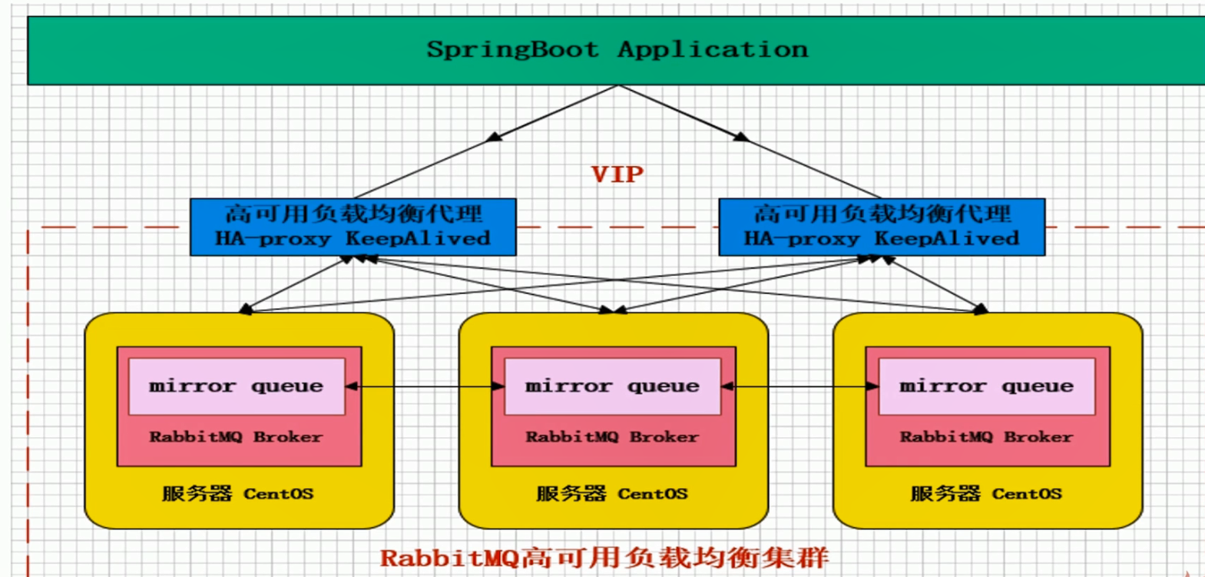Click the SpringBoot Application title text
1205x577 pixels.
tap(617, 49)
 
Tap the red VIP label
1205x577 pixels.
tap(617, 174)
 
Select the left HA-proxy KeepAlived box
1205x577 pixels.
tap(353, 227)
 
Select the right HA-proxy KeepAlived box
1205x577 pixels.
tap(881, 227)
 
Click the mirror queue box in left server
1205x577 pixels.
tap(237, 386)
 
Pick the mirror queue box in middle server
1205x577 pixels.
tap(612, 386)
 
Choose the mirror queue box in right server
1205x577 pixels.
tap(986, 386)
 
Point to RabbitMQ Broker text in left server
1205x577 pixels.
tap(236, 436)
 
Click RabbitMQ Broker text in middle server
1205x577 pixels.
tap(612, 436)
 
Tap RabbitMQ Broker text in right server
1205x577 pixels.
tap(986, 436)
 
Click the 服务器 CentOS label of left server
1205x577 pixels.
tap(237, 493)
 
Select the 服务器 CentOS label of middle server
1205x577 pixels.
tap(612, 493)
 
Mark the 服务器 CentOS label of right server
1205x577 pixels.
tap(986, 493)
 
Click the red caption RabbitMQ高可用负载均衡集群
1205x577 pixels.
tap(604, 557)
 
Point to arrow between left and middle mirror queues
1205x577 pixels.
tap(425, 386)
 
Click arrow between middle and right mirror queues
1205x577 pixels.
tap(799, 386)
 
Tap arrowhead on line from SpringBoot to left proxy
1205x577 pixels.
tap(495, 137)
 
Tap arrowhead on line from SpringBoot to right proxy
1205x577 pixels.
tap(741, 137)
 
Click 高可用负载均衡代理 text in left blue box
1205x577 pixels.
tap(353, 213)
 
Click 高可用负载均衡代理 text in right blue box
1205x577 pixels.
tap(882, 213)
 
